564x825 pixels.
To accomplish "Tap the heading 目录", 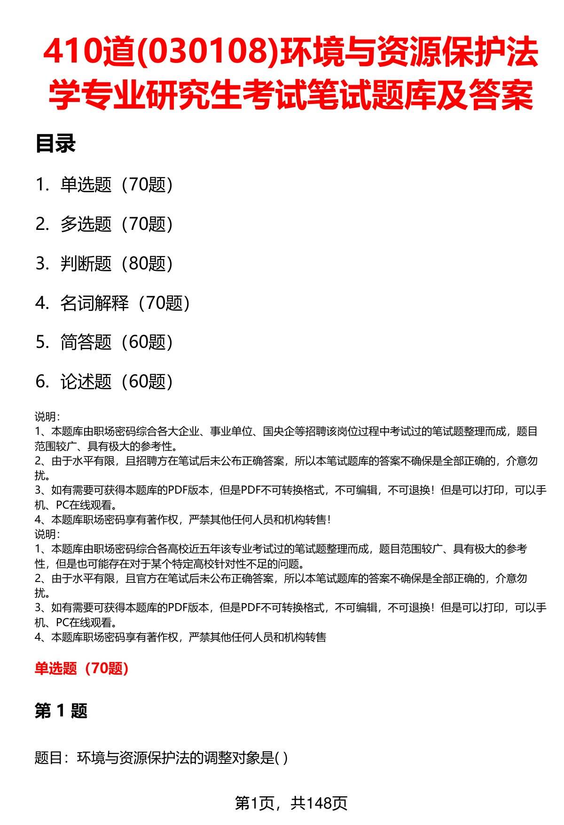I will (x=55, y=144).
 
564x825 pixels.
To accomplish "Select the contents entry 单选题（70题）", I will (x=117, y=185).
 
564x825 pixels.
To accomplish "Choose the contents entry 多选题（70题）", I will (x=117, y=224).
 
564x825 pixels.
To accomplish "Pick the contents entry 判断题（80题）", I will (x=117, y=264).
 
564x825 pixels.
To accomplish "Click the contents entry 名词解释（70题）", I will (x=125, y=303).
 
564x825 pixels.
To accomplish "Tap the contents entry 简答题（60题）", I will (x=117, y=342).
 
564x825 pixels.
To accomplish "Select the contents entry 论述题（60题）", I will (x=117, y=382).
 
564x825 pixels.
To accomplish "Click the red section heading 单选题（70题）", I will (x=82, y=668).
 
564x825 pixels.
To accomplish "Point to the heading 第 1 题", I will (x=61, y=711).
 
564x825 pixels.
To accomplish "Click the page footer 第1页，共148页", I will (x=291, y=803).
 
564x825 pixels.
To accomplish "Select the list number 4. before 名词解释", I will (x=42, y=303).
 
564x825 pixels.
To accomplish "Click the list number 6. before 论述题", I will (x=42, y=382).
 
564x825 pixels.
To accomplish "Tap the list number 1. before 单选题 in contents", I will (x=42, y=185).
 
